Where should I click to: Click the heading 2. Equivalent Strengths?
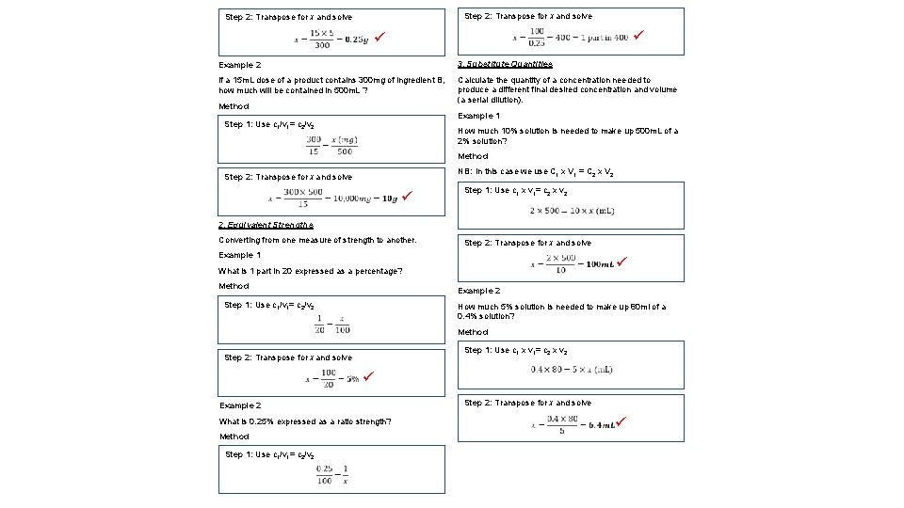point(266,225)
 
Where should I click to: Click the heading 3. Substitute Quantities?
point(505,64)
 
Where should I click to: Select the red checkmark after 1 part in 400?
point(638,35)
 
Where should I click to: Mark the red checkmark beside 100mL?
point(621,262)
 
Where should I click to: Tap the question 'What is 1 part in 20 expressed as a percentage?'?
point(311,271)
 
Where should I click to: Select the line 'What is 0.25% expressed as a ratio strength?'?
point(305,421)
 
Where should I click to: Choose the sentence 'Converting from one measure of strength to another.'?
point(317,240)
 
